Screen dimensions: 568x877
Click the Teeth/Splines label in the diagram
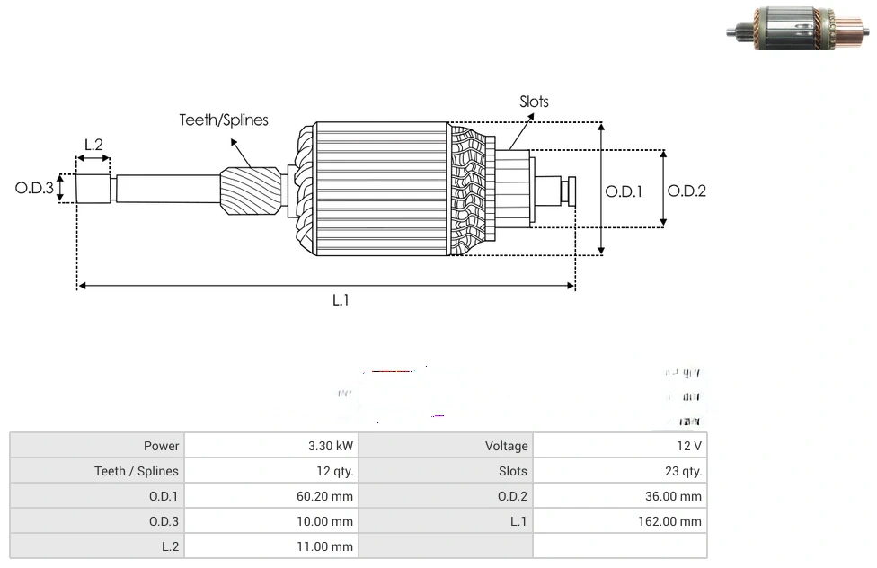223,120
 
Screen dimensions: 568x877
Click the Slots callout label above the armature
534,102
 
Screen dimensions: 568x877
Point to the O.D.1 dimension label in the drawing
624,191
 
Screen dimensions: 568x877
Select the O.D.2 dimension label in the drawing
687,191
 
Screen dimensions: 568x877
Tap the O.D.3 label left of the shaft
34,189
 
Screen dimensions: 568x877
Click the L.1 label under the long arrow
341,301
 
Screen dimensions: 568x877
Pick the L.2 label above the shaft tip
93,144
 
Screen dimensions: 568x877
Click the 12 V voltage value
689,446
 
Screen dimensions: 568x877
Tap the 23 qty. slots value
678,471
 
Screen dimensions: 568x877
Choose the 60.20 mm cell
327,496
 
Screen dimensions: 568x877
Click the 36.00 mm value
676,496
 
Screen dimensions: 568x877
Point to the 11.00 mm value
327,546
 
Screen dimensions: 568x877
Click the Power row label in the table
161,446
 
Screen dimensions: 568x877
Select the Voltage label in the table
506,446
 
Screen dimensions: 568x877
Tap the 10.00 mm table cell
327,521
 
